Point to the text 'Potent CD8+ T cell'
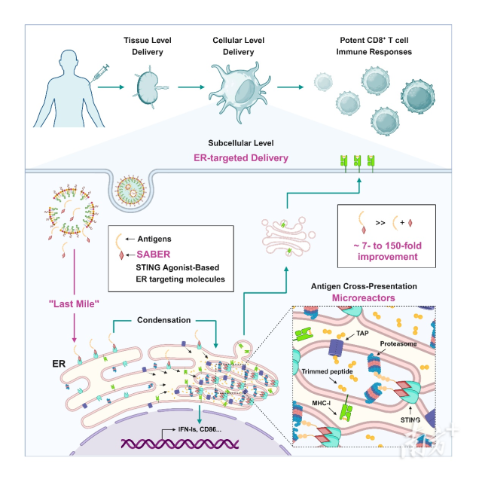[371, 40]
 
